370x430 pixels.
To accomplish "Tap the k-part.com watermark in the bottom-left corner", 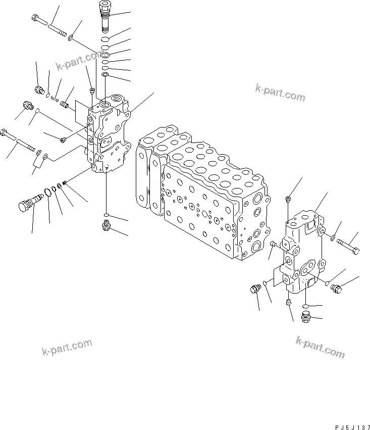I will pyautogui.click(x=67, y=348).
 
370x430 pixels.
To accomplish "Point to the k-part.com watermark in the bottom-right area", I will pyautogui.click(x=320, y=348).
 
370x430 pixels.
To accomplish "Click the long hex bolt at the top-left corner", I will pyautogui.click(x=48, y=26).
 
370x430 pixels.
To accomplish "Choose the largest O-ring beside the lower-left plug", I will pyautogui.click(x=48, y=193).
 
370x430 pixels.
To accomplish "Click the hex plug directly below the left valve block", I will pyautogui.click(x=107, y=226).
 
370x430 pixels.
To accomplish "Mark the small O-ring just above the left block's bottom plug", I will pyautogui.click(x=107, y=215).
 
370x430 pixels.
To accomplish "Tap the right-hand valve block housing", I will pyautogui.click(x=300, y=253).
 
